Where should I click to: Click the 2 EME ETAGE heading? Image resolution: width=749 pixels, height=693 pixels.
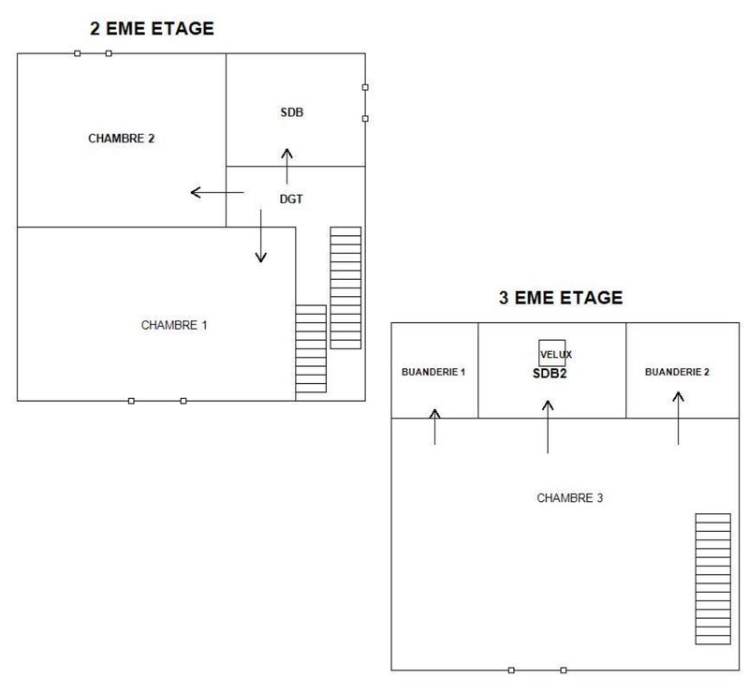152,29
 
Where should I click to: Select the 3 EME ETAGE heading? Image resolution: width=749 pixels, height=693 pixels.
560,299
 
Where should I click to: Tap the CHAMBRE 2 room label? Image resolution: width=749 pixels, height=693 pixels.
121,138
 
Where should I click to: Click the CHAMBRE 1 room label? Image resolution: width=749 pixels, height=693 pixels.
174,325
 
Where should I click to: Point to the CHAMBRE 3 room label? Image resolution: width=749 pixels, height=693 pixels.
569,498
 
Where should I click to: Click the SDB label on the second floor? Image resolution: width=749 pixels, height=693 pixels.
292,112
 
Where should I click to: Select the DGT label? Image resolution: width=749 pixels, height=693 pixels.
292,199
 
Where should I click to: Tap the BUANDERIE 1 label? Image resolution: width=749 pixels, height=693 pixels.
433,372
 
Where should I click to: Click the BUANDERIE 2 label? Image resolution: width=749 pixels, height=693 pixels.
677,372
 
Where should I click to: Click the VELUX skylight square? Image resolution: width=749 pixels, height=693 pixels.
551,353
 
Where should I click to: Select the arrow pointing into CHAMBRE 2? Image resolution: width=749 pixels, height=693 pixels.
216,193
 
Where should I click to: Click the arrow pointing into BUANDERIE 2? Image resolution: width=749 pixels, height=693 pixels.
678,417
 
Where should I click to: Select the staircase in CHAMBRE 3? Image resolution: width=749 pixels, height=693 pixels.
712,579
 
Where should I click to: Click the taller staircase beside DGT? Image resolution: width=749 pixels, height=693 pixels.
345,288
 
